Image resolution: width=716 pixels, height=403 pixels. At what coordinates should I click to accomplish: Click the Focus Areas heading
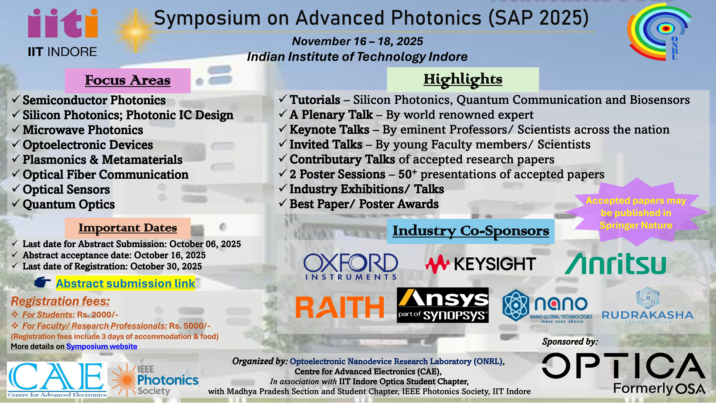point(128,80)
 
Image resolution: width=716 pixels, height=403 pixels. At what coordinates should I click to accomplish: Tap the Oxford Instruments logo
point(351,266)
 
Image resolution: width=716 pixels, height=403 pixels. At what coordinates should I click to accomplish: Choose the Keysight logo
point(481,264)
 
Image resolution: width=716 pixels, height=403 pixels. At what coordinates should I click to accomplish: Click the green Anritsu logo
point(615,264)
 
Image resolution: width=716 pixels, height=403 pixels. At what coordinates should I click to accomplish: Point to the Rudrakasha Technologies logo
point(648,306)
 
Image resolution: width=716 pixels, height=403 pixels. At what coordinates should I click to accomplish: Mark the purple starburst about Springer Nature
point(636,213)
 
